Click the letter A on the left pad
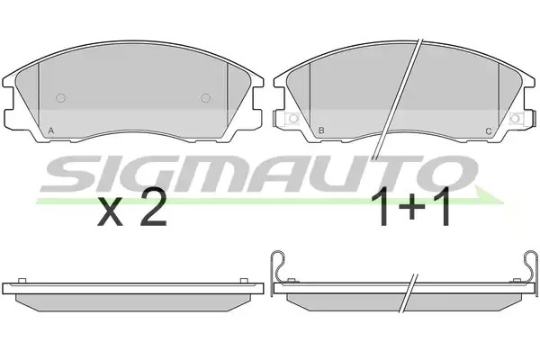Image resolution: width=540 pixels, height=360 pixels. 51,130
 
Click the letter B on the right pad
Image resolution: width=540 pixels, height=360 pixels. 321,130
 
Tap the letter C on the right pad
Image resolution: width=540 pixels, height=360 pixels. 489,130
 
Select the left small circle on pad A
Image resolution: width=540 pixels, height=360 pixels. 60,98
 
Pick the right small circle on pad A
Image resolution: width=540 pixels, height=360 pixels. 205,98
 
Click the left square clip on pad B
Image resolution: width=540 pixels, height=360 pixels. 292,119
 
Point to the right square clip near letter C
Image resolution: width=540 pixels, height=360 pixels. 515,119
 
